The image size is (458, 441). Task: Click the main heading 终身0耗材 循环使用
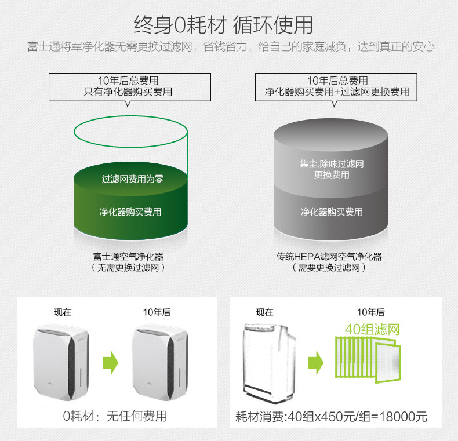pyautogui.click(x=223, y=25)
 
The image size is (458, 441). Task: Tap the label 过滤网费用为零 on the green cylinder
pyautogui.click(x=133, y=178)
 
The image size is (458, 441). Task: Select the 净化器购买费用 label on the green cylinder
pyautogui.click(x=130, y=212)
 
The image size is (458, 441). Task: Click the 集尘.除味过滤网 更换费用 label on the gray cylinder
pyautogui.click(x=332, y=169)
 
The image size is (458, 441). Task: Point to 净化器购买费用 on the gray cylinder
pyautogui.click(x=332, y=212)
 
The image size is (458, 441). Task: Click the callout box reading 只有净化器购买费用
pyautogui.click(x=130, y=88)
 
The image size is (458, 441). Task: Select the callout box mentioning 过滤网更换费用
pyautogui.click(x=336, y=88)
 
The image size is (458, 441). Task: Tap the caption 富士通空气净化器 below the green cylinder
pyautogui.click(x=128, y=256)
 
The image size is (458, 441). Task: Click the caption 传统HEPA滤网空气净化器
pyautogui.click(x=329, y=256)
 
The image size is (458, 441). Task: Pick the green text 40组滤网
pyautogui.click(x=372, y=329)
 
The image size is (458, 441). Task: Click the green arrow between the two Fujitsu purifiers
pyautogui.click(x=110, y=363)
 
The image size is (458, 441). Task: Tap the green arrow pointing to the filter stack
pyautogui.click(x=316, y=363)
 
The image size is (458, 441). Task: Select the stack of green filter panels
pyautogui.click(x=368, y=359)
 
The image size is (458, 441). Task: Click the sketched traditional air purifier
pyautogui.click(x=270, y=363)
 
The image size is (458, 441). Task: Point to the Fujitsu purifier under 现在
pyautogui.click(x=61, y=362)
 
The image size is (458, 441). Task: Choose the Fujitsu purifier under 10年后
pyautogui.click(x=161, y=362)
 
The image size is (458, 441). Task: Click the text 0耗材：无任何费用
pyautogui.click(x=115, y=416)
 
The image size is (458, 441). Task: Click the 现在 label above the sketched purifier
pyautogui.click(x=264, y=312)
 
